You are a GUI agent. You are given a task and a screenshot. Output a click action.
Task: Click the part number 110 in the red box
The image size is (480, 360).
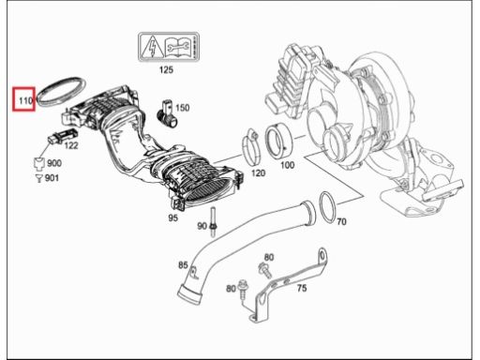[25, 100]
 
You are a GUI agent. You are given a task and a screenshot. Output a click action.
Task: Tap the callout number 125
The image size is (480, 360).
[166, 69]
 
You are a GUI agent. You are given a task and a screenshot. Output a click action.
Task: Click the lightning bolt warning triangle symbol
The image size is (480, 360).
[152, 47]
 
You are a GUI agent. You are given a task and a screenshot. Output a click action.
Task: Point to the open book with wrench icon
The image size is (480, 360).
[179, 47]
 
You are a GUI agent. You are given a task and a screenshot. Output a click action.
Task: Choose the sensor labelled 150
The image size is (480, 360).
[165, 113]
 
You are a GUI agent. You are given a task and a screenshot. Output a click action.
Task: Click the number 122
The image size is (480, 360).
[71, 145]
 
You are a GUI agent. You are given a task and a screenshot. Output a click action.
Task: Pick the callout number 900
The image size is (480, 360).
[54, 163]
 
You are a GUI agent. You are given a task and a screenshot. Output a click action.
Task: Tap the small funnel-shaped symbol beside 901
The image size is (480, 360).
[38, 178]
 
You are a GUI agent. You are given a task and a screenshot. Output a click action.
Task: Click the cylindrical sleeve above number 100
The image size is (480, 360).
[278, 141]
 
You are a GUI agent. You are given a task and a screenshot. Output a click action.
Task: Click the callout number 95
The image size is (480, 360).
[172, 217]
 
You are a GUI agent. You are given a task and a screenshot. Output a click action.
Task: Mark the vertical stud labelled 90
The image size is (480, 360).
[214, 223]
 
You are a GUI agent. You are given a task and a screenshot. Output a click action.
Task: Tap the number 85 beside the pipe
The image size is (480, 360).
[183, 265]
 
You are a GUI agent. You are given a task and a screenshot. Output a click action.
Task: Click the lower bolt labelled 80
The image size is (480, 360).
[243, 290]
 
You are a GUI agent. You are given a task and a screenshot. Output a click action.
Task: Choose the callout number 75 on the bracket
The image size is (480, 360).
[302, 288]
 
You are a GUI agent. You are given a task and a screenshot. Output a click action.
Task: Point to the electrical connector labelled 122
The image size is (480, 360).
[63, 136]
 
